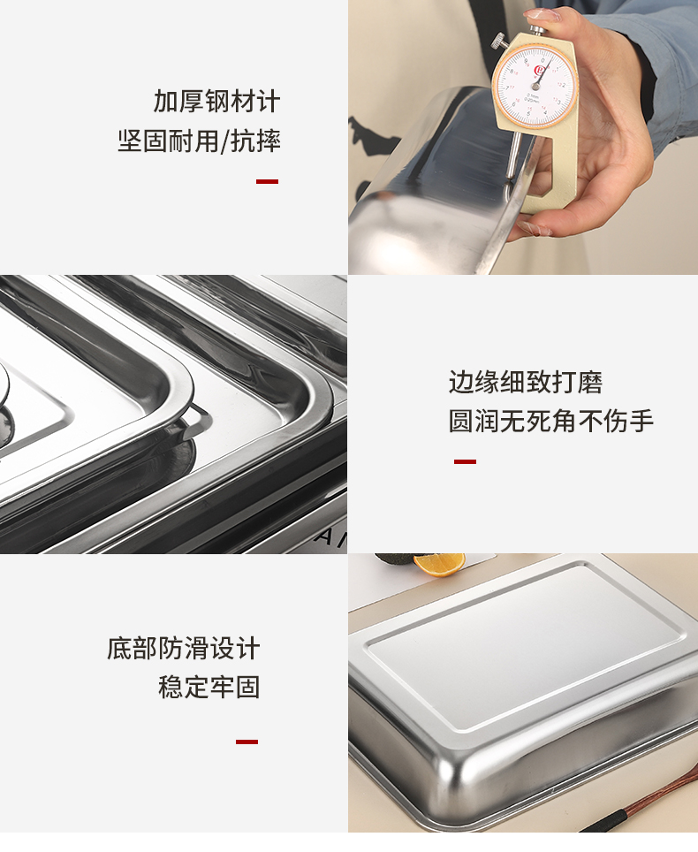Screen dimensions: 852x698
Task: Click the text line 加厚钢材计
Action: (216, 101)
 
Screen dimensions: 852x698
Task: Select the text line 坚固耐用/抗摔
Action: (199, 141)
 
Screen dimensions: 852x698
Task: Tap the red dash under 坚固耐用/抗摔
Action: (267, 181)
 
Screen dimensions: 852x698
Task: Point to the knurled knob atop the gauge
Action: (500, 40)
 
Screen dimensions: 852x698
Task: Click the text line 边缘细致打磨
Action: (526, 383)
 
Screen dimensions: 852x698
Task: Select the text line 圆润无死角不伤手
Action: (551, 422)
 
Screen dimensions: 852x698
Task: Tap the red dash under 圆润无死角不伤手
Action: (465, 461)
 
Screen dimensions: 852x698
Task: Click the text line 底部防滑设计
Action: (184, 648)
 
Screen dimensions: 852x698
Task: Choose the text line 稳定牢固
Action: (209, 687)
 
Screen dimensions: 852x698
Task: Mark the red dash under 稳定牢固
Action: (247, 742)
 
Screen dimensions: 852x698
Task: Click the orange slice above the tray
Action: (439, 562)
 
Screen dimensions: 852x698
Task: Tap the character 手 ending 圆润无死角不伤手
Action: (641, 422)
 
